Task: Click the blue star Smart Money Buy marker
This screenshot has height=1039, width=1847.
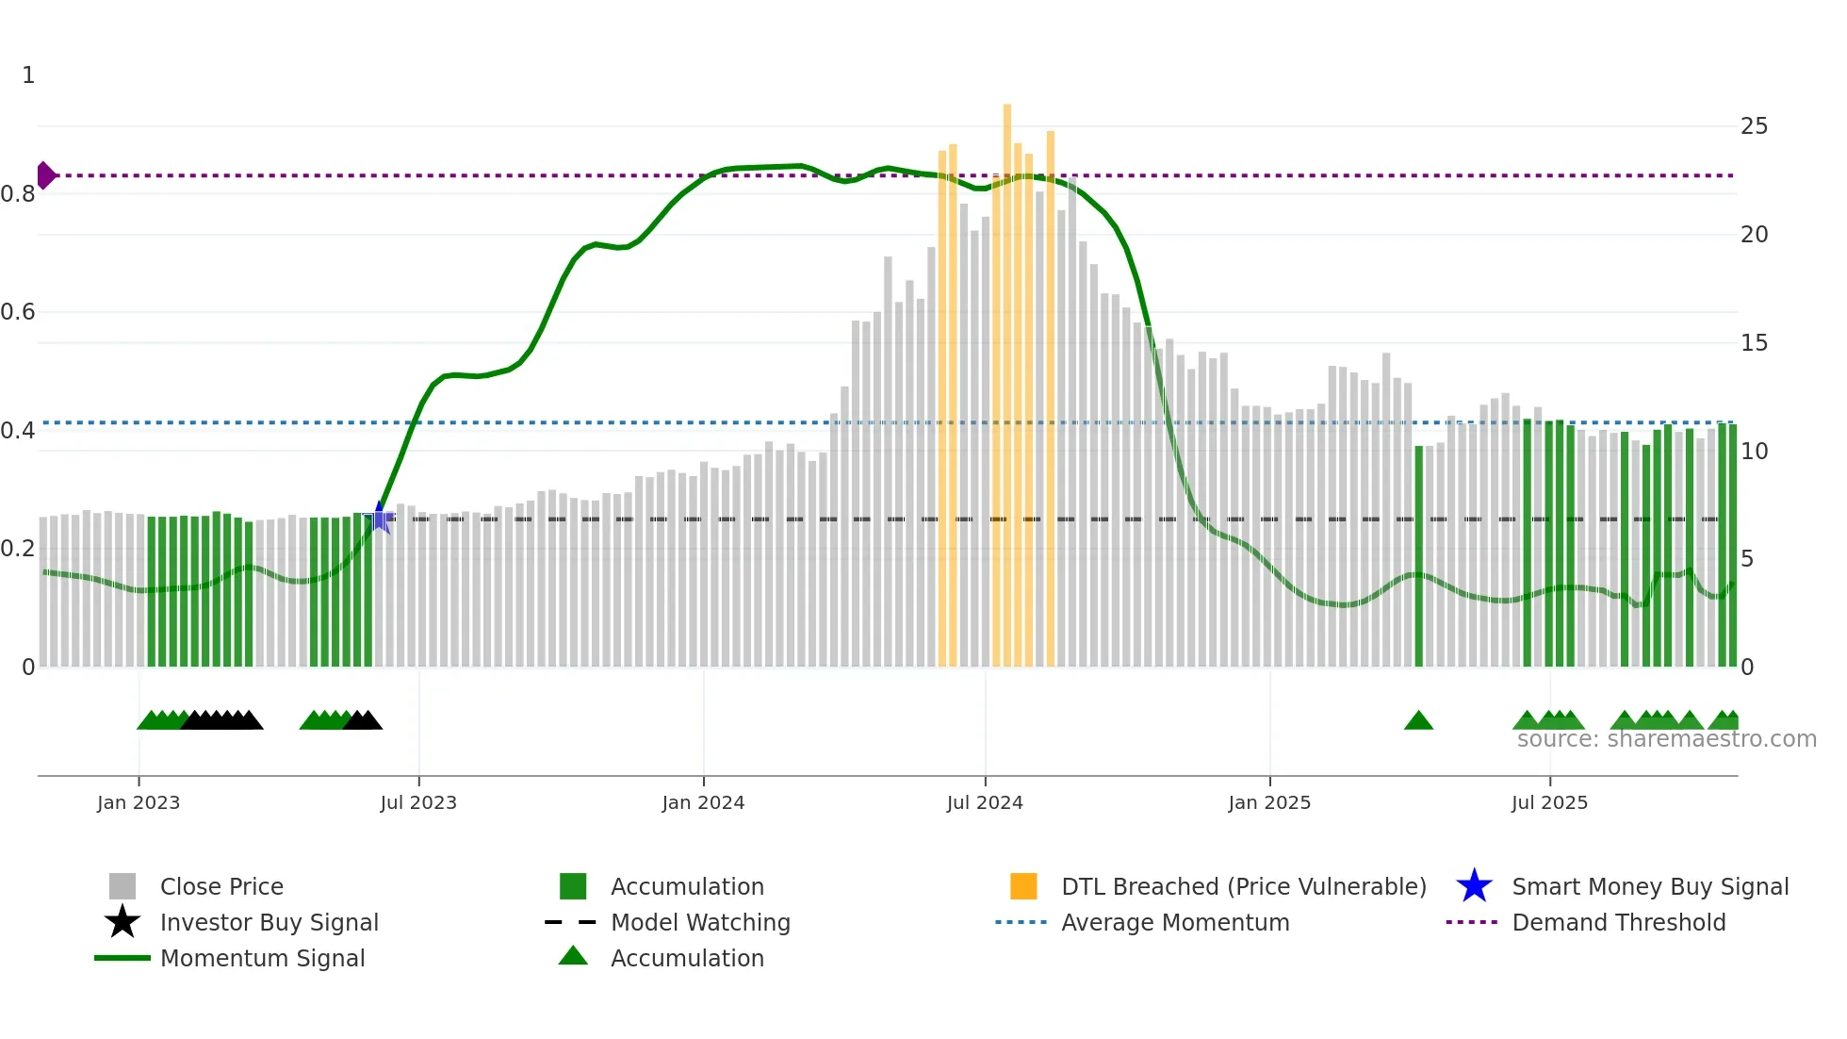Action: coord(380,518)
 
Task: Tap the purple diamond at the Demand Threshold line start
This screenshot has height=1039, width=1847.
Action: coord(45,175)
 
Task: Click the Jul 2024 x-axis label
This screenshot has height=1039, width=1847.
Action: coord(985,802)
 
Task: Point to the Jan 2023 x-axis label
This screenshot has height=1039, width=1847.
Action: coord(139,802)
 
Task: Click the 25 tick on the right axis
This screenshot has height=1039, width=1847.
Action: coord(1754,126)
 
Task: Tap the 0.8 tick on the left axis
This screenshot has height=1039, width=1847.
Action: coord(19,194)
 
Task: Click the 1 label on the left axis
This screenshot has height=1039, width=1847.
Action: coord(28,75)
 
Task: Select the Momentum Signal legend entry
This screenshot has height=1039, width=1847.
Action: coord(262,958)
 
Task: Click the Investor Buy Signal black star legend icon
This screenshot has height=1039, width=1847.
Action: coord(123,922)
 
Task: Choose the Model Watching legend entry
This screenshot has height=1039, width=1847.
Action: coord(700,922)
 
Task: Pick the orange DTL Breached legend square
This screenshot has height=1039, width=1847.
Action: coord(1023,886)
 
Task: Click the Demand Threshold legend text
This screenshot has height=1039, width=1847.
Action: coord(1618,922)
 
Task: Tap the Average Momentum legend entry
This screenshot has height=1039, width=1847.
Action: coord(1174,922)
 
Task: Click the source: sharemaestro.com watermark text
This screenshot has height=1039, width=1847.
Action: coord(1666,739)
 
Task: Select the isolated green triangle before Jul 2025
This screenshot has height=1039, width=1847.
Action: coord(1418,721)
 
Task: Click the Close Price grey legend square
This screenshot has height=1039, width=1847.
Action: coord(123,886)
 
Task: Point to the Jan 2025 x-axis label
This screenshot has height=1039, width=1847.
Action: coord(1269,802)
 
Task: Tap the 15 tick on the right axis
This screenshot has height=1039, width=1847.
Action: coord(1754,343)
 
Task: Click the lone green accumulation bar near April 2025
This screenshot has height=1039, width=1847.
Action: coord(1419,556)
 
